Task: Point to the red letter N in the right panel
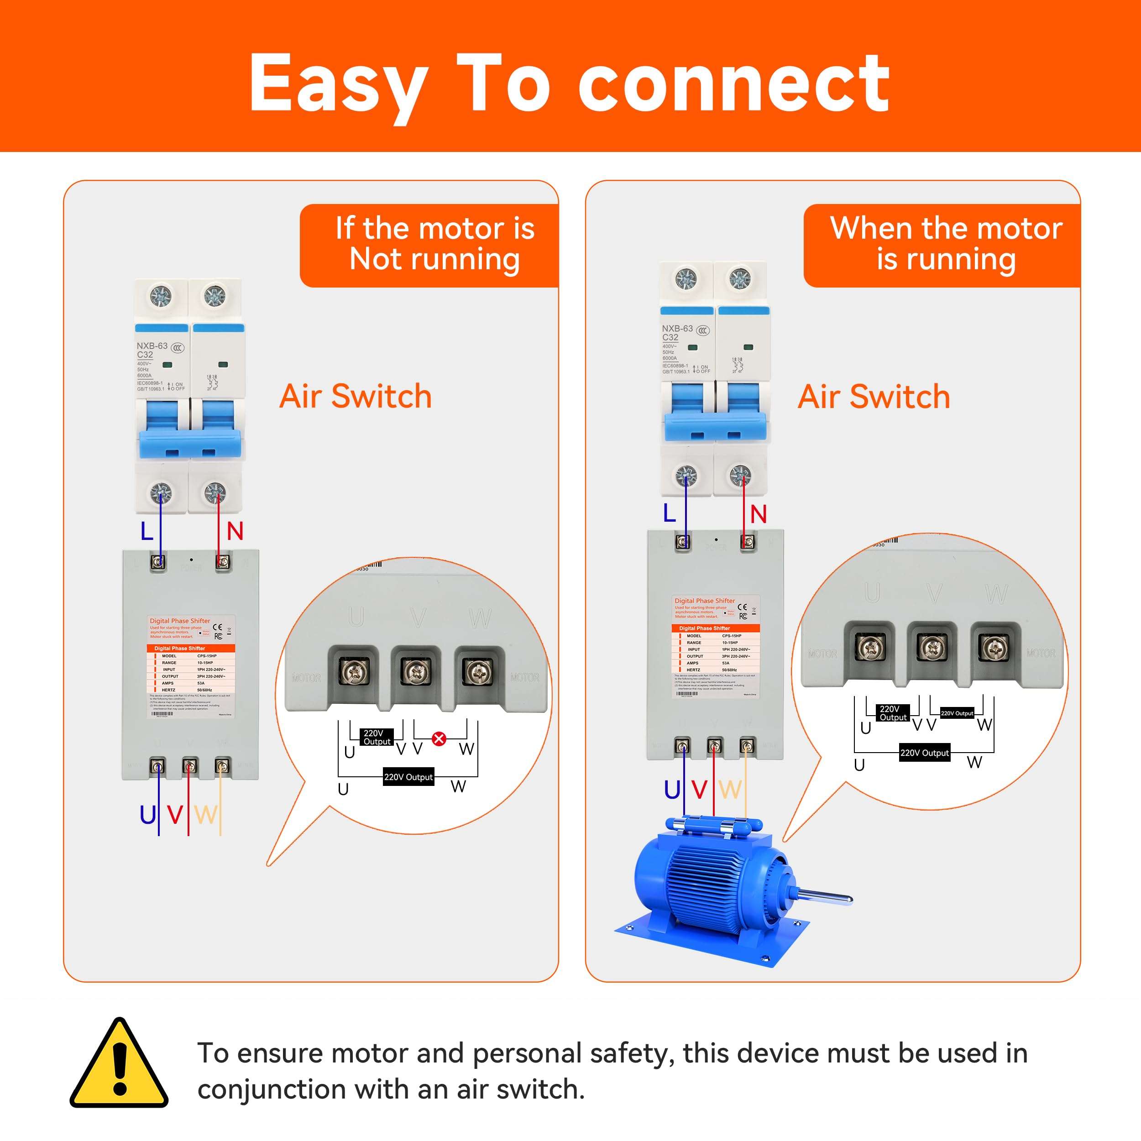click(x=758, y=514)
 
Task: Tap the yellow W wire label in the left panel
click(x=205, y=815)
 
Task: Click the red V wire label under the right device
click(x=699, y=790)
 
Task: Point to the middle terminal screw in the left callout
click(x=415, y=671)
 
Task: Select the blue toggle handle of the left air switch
click(x=191, y=445)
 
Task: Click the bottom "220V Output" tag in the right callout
click(x=924, y=753)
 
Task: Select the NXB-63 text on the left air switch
click(x=152, y=345)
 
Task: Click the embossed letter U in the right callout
click(x=872, y=592)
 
